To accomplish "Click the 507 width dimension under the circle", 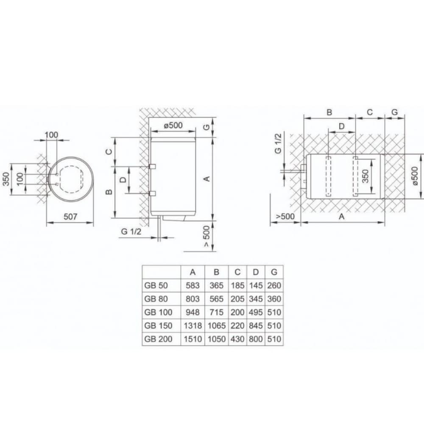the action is click(70, 217).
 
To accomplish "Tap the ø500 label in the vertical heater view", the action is click(173, 125).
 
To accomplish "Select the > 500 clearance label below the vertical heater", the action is click(206, 236).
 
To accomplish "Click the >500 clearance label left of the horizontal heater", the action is click(285, 217).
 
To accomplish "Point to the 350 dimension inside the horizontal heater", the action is click(365, 176).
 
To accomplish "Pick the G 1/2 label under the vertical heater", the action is click(131, 232).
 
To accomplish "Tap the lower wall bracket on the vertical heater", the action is click(153, 193).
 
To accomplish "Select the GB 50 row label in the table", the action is click(156, 285).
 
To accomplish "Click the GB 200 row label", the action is click(158, 339).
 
